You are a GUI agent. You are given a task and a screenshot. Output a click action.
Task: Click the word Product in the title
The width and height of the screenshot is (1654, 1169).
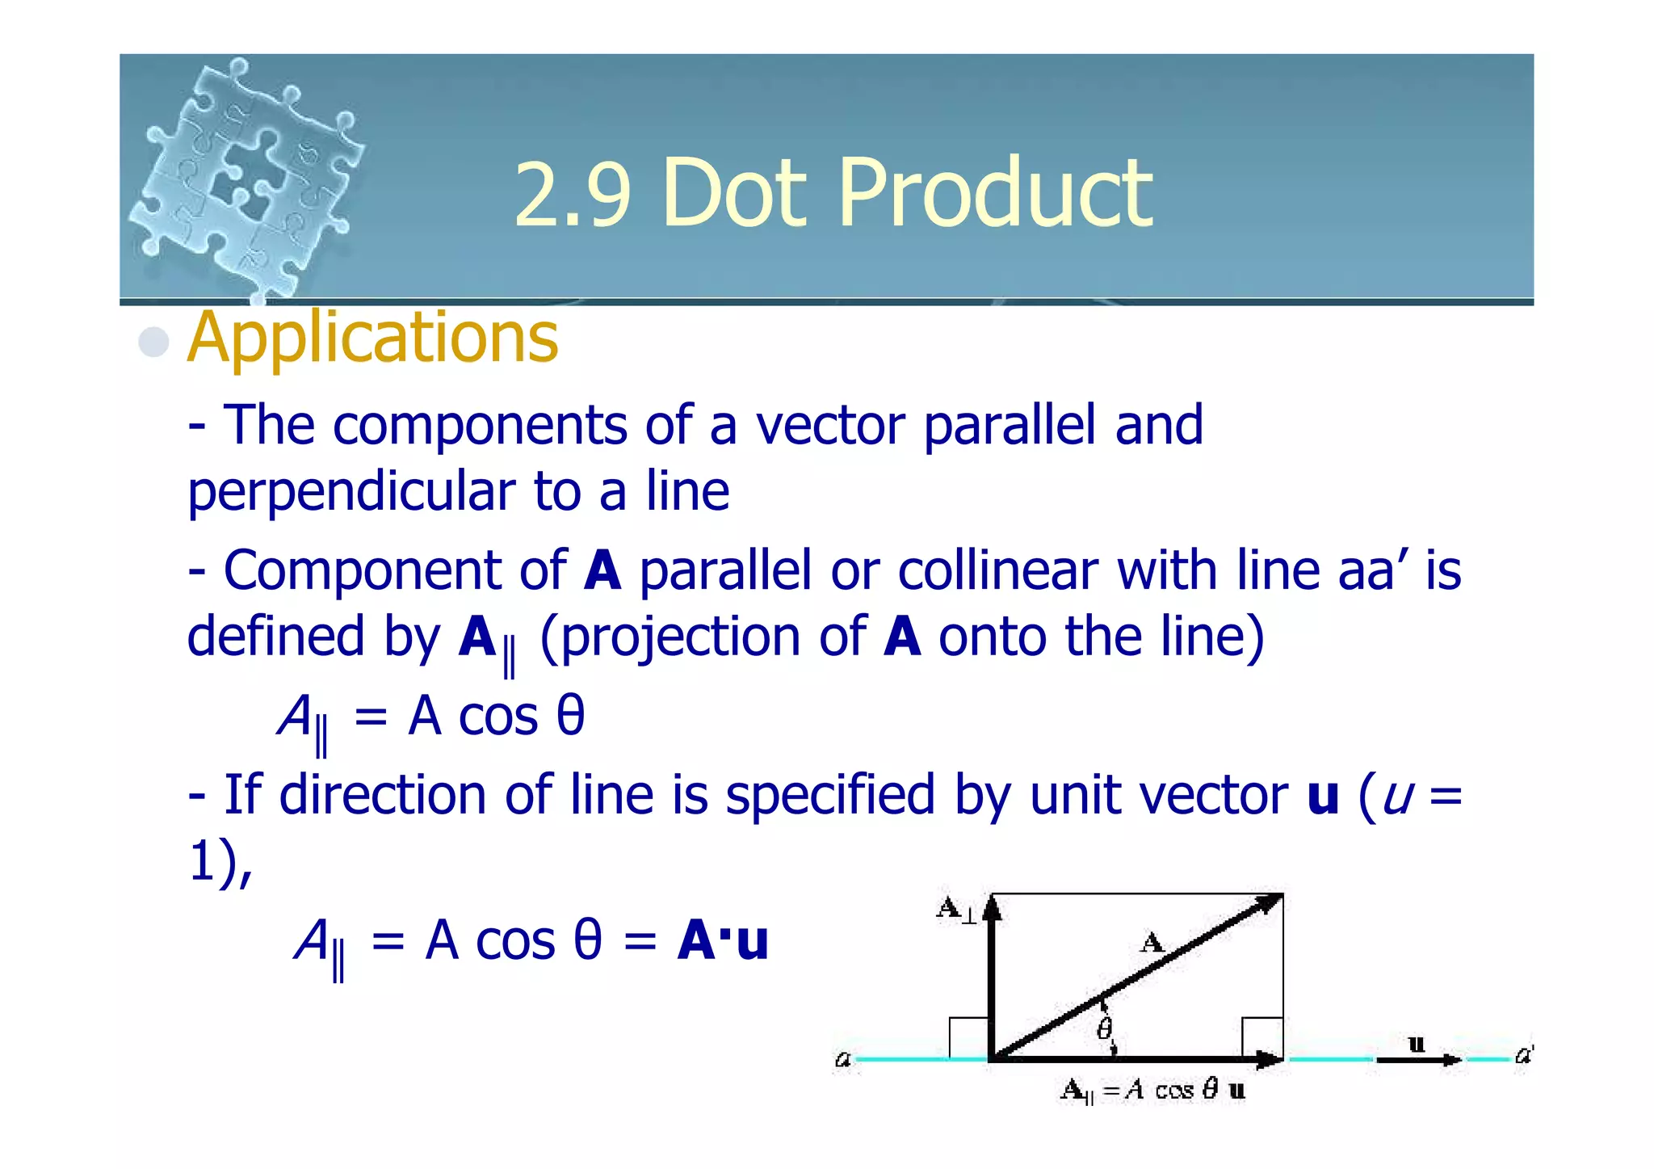[x=995, y=194]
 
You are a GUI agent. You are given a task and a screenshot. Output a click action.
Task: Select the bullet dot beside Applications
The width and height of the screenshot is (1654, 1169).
[x=153, y=342]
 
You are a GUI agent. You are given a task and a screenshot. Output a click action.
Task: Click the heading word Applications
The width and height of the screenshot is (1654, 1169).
[x=372, y=338]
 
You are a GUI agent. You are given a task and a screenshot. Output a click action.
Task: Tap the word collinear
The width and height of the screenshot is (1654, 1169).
[x=997, y=570]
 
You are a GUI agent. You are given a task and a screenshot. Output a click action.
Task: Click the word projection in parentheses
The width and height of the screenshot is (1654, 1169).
[x=681, y=637]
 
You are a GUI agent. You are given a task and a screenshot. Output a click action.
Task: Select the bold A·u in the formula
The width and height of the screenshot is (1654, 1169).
[x=723, y=941]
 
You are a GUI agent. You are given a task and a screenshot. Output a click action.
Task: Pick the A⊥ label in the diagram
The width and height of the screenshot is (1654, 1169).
[x=955, y=909]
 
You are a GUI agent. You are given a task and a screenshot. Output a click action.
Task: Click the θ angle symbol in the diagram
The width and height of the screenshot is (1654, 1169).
[x=1104, y=1029]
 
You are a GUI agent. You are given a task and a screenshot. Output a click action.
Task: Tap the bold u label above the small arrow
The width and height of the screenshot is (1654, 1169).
[x=1416, y=1043]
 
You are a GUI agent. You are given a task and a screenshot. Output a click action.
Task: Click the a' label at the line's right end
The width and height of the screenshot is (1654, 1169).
[x=1523, y=1054]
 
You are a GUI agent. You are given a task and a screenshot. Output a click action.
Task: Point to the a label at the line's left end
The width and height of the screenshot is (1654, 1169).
[x=842, y=1058]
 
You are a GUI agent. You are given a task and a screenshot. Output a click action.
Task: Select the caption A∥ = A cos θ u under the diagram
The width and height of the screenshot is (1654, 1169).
[x=1152, y=1091]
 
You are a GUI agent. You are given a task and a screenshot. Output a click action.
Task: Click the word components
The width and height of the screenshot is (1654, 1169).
[x=479, y=425]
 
